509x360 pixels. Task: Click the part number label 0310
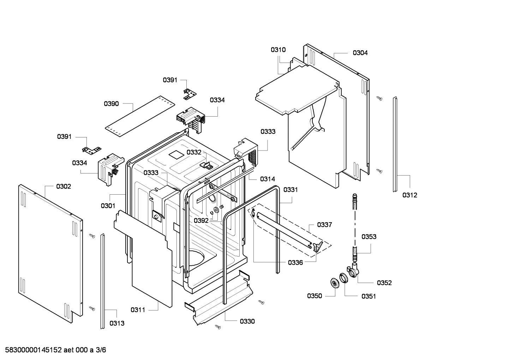click(x=278, y=50)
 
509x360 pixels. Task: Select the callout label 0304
click(x=360, y=53)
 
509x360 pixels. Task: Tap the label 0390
click(x=111, y=104)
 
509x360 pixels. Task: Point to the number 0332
click(x=194, y=152)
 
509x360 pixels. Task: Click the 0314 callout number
click(x=268, y=179)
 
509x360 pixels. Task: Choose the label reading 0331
click(x=291, y=190)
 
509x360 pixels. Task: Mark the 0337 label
click(x=324, y=225)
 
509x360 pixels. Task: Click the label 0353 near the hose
click(x=369, y=237)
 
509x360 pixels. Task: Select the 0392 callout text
click(x=201, y=221)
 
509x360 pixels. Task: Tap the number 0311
click(x=138, y=310)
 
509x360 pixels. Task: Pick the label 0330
click(x=247, y=321)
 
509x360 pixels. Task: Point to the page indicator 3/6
click(x=101, y=350)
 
